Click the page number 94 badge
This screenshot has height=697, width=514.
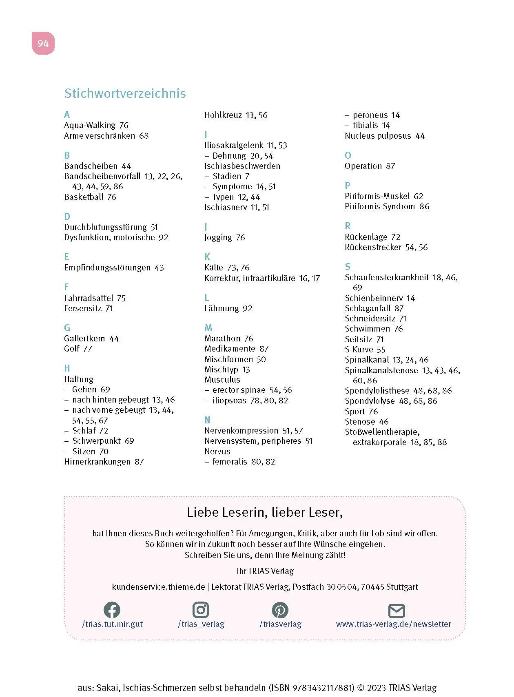pyautogui.click(x=43, y=43)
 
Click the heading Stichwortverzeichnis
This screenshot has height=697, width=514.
pyautogui.click(x=125, y=93)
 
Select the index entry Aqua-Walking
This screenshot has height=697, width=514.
pyautogui.click(x=90, y=125)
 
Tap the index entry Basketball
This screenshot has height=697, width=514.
pyautogui.click(x=84, y=197)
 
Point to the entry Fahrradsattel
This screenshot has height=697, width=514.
pyautogui.click(x=89, y=298)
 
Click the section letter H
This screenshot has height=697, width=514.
pyautogui.click(x=67, y=368)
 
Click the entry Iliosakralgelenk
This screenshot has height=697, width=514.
pyautogui.click(x=234, y=145)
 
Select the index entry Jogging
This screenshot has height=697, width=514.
pyautogui.click(x=218, y=237)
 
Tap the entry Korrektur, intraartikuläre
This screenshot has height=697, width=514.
pyautogui.click(x=250, y=278)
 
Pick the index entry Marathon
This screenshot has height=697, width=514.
pyautogui.click(x=222, y=339)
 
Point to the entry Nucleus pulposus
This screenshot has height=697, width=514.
pyautogui.click(x=378, y=136)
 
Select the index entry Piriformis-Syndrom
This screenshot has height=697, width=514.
pyautogui.click(x=379, y=206)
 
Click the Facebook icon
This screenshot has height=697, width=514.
pyautogui.click(x=112, y=610)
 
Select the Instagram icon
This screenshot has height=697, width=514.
pyautogui.click(x=201, y=610)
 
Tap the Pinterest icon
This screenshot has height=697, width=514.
pyautogui.click(x=280, y=610)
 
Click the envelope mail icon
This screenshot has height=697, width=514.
pyautogui.click(x=397, y=611)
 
